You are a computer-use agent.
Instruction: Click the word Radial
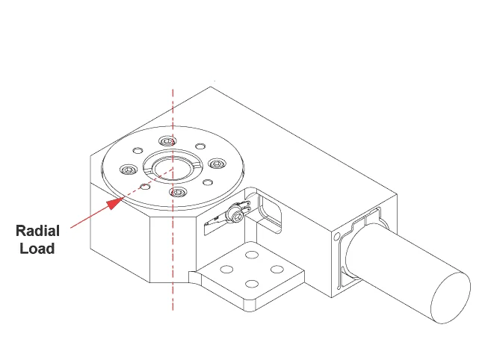point(38,232)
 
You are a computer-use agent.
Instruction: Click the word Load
point(38,249)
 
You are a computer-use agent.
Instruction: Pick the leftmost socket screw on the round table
point(128,170)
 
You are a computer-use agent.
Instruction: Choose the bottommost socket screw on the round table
point(178,193)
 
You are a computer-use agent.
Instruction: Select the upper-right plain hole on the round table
point(199,147)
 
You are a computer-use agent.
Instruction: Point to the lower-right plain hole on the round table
point(208,183)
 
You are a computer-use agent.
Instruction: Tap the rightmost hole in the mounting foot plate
point(277,268)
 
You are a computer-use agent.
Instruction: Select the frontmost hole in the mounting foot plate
point(252,283)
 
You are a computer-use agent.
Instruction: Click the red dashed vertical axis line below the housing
point(173,299)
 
